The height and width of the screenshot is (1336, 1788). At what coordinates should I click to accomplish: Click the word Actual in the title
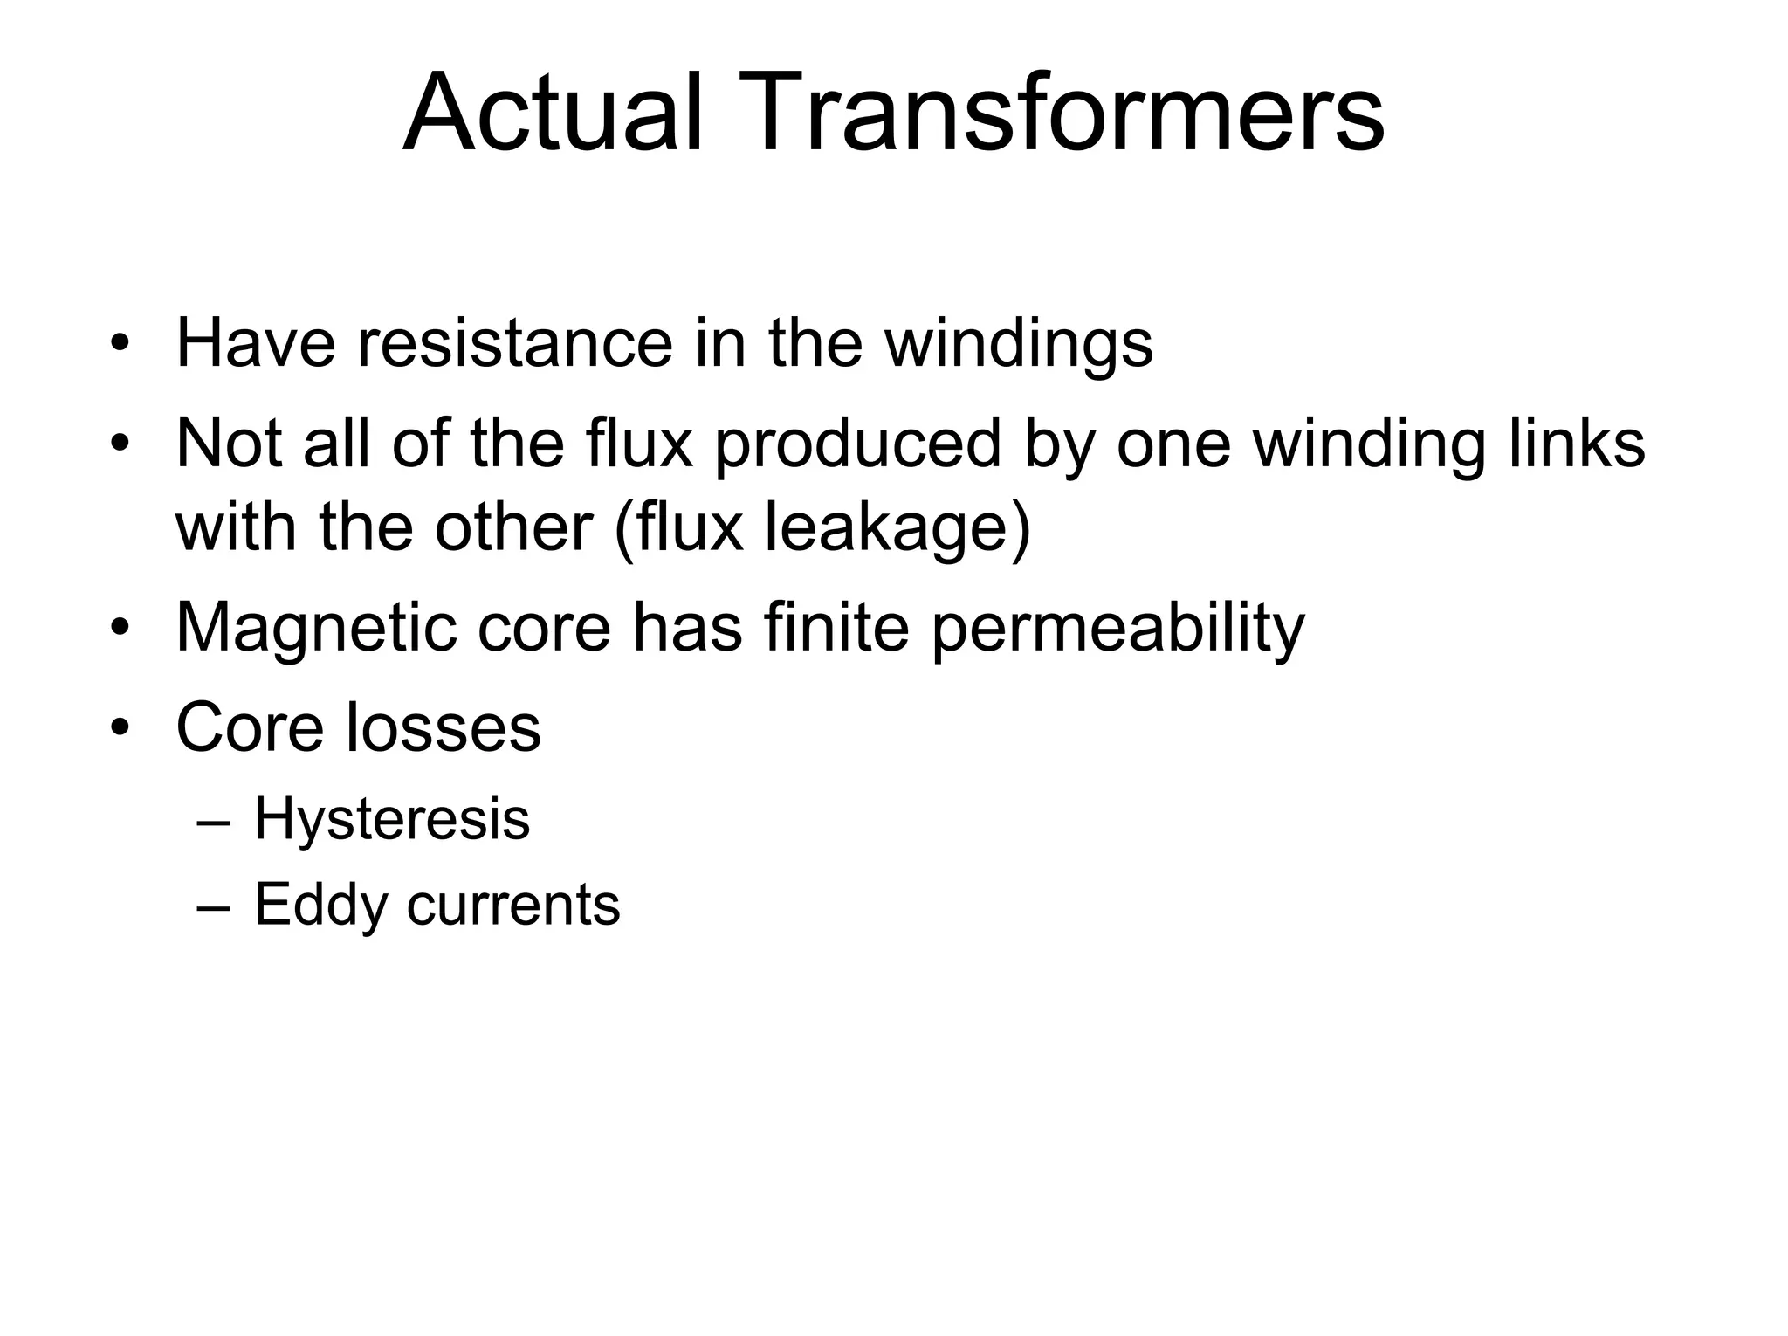point(552,114)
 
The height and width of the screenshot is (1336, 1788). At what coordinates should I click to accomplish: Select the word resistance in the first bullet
point(515,343)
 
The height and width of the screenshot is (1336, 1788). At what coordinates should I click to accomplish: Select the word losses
point(443,727)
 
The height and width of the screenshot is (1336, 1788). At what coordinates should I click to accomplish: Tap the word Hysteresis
point(392,821)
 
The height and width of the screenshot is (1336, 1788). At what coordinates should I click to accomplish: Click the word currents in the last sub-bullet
point(512,905)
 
